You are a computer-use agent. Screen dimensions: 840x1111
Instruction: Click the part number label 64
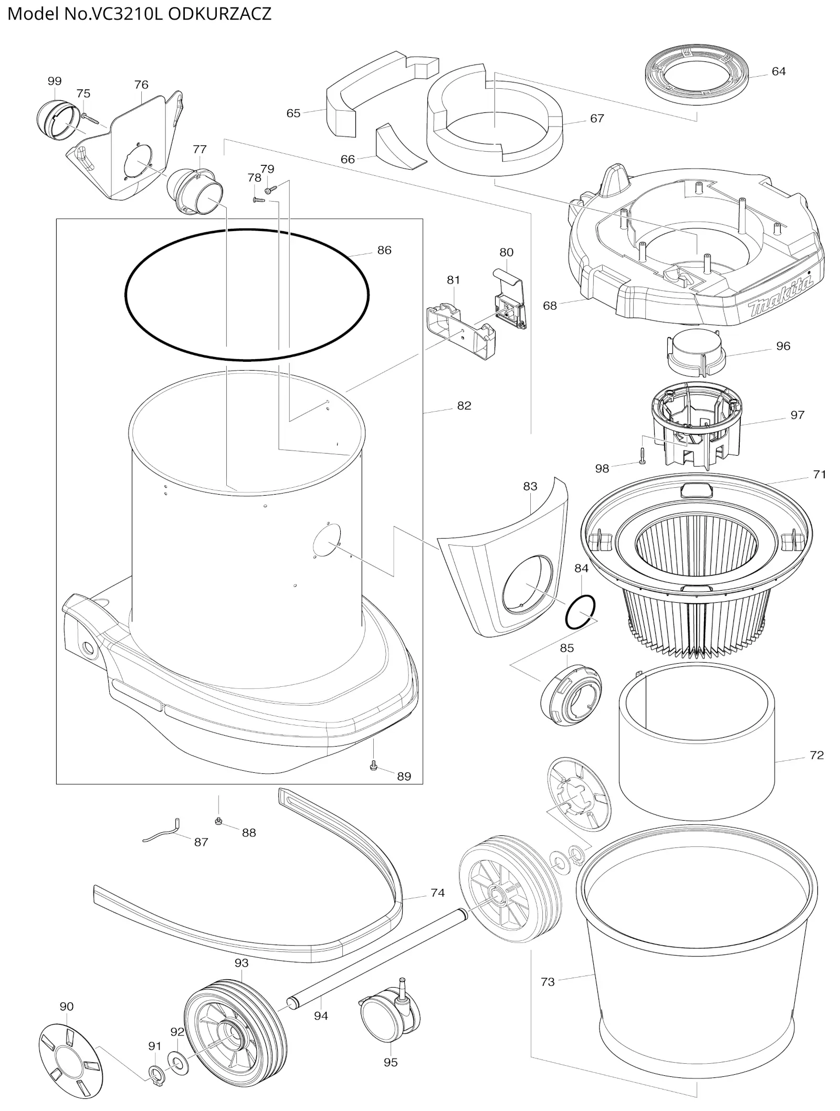click(x=779, y=71)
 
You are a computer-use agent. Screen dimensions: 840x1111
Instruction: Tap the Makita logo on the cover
click(x=781, y=299)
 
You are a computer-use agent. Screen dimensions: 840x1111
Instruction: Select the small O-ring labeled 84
click(x=580, y=612)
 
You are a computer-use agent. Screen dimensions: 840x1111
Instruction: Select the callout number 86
click(x=384, y=250)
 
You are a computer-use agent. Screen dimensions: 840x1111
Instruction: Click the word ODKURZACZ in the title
click(x=219, y=13)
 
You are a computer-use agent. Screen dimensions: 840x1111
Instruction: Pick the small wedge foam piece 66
click(x=401, y=148)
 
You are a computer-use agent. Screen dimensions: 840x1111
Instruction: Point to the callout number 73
click(x=548, y=982)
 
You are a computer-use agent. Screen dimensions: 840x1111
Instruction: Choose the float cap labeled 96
click(x=696, y=352)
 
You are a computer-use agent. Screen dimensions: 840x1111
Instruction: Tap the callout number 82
click(x=464, y=406)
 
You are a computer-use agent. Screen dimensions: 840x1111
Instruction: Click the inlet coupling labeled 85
click(x=571, y=695)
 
